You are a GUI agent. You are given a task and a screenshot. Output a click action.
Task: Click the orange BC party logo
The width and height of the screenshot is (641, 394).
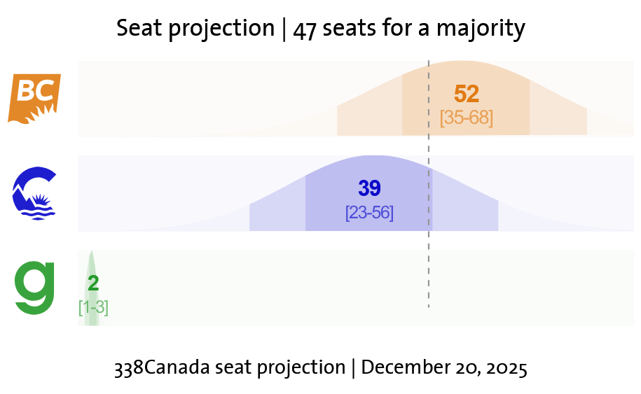click(34, 98)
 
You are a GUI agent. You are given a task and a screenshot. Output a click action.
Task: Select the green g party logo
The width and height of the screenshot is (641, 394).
click(35, 287)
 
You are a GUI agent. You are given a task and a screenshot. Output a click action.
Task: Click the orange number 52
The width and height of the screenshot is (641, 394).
click(467, 94)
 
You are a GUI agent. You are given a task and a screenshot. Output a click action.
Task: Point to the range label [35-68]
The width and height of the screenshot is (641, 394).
click(467, 118)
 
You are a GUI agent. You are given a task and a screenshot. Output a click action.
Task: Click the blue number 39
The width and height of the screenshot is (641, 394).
click(369, 188)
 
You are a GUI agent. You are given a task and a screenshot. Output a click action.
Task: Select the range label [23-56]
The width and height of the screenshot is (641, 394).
click(369, 213)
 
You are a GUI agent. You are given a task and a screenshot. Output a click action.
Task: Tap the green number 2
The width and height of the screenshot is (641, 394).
click(93, 283)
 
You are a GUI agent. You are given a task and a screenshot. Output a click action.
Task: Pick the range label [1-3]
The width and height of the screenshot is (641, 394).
click(93, 307)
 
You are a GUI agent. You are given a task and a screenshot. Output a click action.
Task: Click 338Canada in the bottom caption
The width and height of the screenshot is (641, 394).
click(162, 367)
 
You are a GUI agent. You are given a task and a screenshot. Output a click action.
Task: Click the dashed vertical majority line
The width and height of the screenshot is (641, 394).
click(429, 266)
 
